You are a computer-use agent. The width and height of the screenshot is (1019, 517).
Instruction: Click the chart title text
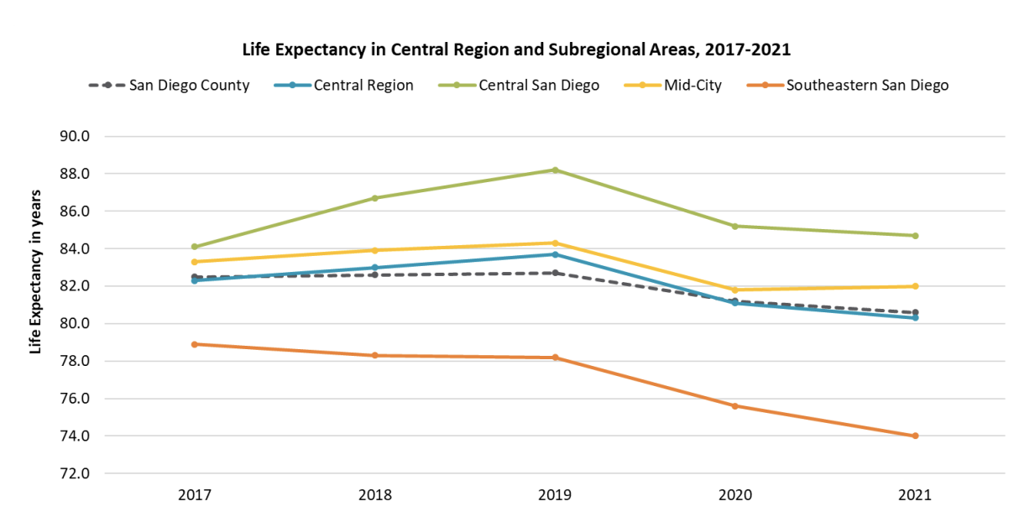516,50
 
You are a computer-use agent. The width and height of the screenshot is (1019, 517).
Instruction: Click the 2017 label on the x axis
194,494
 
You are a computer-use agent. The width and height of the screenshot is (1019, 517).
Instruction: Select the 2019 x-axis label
554,494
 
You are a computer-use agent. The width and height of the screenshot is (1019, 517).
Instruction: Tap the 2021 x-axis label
915,494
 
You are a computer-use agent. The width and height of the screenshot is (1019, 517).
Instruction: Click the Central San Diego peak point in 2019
555,170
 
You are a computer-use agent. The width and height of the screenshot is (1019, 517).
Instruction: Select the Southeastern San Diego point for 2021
915,436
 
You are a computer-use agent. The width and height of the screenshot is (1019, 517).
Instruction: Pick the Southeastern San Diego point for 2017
194,344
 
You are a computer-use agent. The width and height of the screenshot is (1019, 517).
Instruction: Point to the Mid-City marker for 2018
374,250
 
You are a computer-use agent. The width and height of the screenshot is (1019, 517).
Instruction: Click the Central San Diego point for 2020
734,226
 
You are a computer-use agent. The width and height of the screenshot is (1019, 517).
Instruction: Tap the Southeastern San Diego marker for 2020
734,406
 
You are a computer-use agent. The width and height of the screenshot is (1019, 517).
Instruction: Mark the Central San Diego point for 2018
374,198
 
